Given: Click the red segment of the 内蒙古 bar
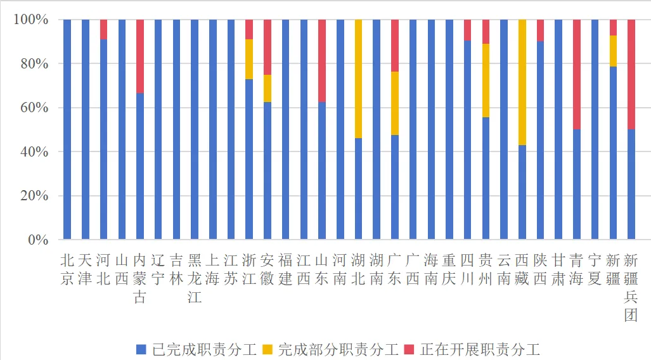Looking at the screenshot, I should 140,56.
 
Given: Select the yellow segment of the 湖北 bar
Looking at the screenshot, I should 359,79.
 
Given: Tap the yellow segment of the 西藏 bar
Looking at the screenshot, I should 522,82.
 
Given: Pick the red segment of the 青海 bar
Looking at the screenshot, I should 577,74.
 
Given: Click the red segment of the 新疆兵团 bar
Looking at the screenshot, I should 631,74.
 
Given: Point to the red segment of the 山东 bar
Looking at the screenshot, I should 322,61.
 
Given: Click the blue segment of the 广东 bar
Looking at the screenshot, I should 395,187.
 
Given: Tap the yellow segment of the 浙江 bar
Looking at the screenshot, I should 249,60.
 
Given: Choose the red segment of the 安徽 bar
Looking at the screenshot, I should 267,47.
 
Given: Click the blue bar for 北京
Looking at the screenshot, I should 67,129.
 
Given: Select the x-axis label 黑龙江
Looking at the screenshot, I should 195,278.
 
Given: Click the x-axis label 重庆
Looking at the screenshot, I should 449,269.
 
